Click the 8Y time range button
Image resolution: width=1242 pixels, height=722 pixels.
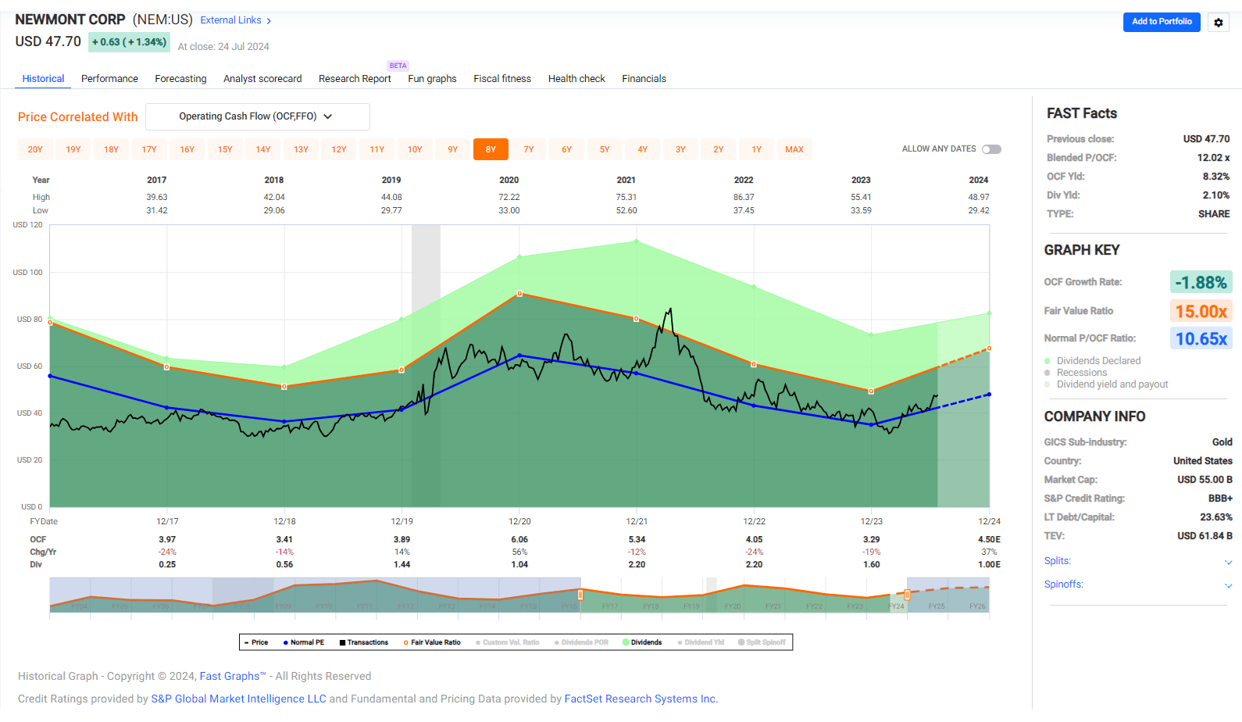491,149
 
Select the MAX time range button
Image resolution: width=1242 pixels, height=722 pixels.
794,149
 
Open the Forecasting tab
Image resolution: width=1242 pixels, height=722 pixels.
180,79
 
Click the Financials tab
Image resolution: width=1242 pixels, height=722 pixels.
644,79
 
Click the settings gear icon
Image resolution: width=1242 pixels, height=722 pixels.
1218,23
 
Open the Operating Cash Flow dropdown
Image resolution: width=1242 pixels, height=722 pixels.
257,116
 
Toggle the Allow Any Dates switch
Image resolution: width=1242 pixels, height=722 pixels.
991,149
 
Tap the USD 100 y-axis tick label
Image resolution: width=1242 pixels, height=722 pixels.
28,273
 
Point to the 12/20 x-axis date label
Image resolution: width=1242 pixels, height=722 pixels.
519,521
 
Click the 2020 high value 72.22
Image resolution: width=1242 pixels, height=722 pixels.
509,198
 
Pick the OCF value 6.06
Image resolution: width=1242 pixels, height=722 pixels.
519,539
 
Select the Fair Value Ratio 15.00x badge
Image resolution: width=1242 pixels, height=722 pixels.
1201,311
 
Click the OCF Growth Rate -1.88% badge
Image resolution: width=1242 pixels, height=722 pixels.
1201,282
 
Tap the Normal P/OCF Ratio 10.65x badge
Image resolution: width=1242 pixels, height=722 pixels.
1201,338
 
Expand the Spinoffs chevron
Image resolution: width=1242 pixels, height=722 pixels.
1228,585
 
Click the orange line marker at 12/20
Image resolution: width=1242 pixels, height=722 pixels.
519,294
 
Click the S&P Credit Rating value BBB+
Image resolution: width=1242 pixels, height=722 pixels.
1220,499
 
